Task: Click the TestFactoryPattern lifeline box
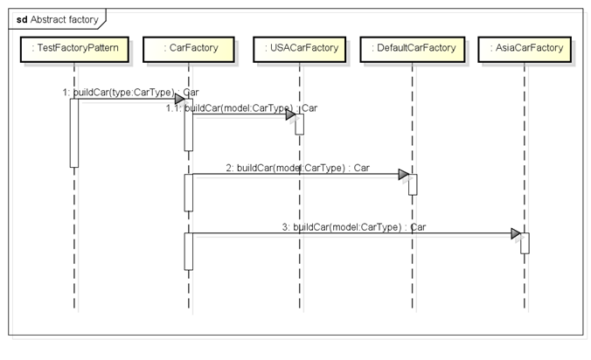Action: click(x=74, y=47)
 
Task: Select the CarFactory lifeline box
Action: click(x=188, y=47)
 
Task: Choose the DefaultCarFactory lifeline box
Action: click(x=413, y=47)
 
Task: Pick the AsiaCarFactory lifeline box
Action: click(x=525, y=47)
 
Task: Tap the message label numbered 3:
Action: click(x=353, y=226)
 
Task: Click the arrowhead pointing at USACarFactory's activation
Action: click(x=290, y=114)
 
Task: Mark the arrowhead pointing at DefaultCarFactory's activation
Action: click(x=403, y=174)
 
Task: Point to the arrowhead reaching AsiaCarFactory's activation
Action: click(x=516, y=233)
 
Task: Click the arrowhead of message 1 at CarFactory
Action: click(x=179, y=99)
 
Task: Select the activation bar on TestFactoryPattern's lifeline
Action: click(x=74, y=132)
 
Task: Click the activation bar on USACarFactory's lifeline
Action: click(x=299, y=124)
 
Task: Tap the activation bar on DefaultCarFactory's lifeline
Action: click(x=413, y=183)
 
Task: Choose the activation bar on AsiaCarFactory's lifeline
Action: click(x=525, y=243)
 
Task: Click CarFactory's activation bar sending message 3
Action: click(x=188, y=252)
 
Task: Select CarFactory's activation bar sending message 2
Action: click(x=188, y=192)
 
